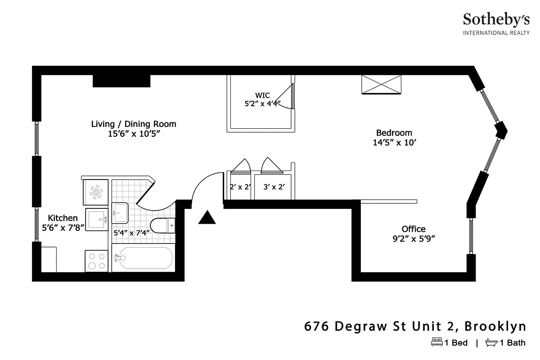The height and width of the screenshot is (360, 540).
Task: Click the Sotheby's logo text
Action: (x=496, y=20)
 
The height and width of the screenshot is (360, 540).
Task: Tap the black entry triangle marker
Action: (x=207, y=218)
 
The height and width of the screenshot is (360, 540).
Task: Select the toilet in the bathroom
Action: (x=162, y=225)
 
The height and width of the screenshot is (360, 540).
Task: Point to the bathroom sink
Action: (x=120, y=213)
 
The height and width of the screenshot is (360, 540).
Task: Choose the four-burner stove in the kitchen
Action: (x=96, y=261)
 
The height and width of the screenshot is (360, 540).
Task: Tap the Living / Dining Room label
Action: (x=134, y=128)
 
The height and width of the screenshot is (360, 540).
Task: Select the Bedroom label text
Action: (x=394, y=137)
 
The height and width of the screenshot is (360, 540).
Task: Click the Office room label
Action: (x=414, y=234)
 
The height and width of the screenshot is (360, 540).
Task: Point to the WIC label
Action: (x=262, y=99)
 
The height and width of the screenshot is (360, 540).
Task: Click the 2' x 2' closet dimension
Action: (x=240, y=186)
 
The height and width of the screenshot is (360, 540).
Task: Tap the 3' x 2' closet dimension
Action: (x=274, y=186)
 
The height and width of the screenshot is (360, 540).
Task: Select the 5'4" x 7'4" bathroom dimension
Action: (x=131, y=233)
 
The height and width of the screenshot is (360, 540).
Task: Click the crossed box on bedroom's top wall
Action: (x=382, y=85)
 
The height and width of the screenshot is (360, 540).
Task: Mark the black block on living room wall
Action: (x=121, y=81)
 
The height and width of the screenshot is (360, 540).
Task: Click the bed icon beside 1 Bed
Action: (x=436, y=342)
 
